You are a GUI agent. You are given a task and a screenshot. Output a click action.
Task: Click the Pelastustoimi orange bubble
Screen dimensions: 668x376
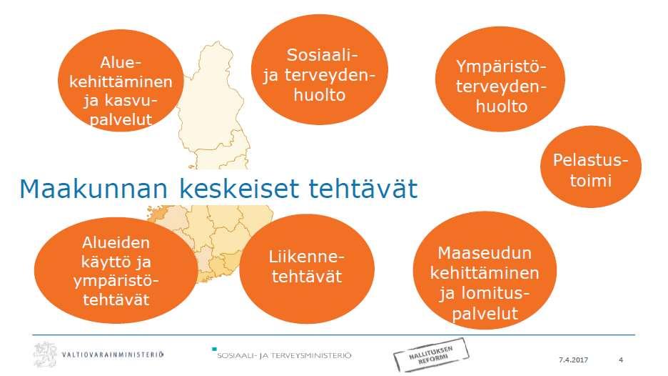[590, 167]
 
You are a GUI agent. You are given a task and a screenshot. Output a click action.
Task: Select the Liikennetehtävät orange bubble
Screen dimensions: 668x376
[307, 268]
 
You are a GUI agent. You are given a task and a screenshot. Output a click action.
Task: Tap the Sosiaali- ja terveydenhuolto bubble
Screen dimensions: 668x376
[320, 70]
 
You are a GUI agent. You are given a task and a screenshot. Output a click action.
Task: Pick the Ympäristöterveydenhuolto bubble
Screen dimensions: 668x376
[500, 79]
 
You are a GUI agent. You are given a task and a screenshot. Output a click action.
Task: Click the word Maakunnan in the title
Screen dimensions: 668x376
[93, 189]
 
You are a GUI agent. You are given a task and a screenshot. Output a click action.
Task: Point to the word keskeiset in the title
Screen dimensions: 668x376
[238, 189]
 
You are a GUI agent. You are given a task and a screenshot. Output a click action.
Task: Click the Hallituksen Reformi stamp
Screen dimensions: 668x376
[431, 355]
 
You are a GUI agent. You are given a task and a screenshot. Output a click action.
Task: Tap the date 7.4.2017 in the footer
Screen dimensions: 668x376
[573, 360]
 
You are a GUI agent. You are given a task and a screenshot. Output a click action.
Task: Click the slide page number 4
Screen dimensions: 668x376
[621, 360]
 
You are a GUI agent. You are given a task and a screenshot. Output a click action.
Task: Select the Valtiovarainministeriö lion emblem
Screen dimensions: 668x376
[45, 354]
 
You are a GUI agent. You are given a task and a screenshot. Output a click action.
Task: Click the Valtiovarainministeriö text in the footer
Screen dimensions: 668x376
[113, 355]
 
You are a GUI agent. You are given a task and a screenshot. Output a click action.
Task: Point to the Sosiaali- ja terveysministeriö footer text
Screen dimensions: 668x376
[284, 355]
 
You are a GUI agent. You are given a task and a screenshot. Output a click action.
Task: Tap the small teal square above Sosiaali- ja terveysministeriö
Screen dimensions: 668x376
[214, 349]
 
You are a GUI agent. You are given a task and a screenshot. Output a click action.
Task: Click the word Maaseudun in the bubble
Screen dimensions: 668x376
[485, 253]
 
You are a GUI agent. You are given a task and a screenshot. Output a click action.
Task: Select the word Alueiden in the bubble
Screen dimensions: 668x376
[116, 242]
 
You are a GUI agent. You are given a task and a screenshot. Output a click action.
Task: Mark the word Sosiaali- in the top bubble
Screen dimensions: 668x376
[322, 55]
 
